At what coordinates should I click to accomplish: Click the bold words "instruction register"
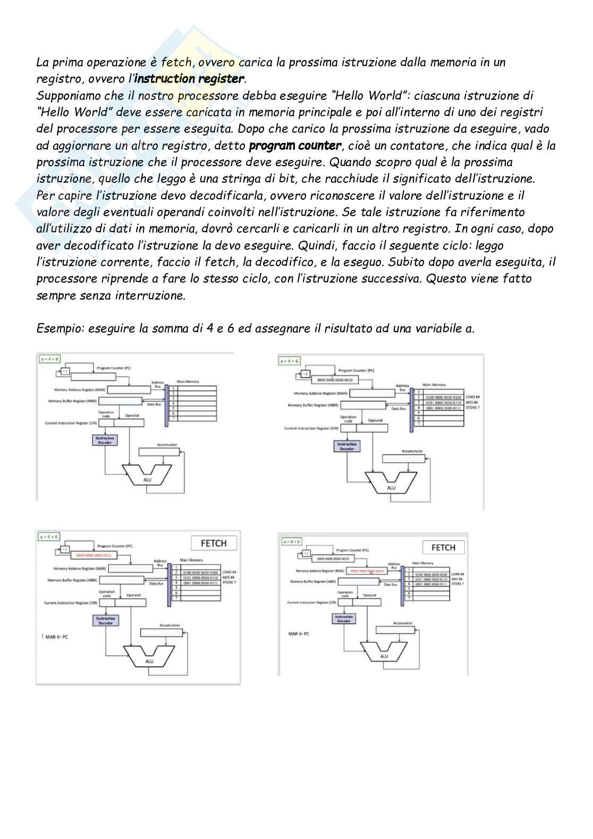tap(190, 79)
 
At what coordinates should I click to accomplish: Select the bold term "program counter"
tap(295, 146)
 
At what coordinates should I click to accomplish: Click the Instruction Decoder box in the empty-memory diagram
tap(105, 440)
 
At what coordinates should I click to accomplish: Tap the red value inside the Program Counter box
tap(94, 555)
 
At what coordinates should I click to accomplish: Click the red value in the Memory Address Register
tap(367, 571)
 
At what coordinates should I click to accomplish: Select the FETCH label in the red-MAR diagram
tap(443, 548)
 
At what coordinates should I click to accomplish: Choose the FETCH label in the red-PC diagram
tap(214, 543)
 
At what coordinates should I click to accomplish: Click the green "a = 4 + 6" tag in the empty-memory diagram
tap(49, 359)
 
